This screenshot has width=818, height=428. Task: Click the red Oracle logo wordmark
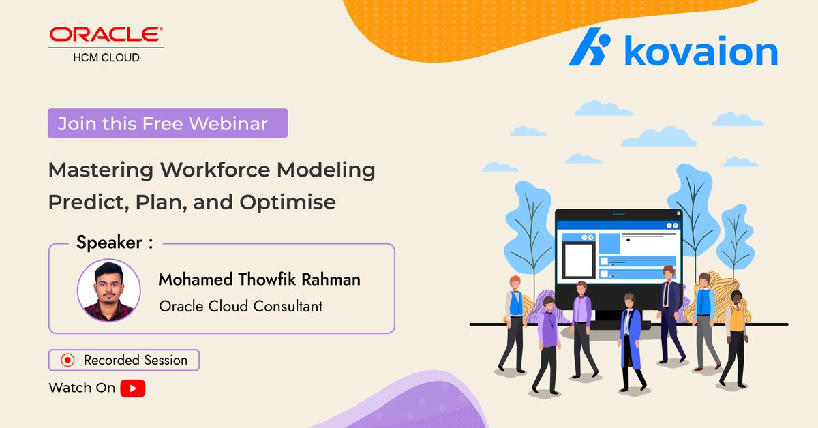pos(106,34)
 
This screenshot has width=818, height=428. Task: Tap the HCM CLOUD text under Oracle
pos(106,57)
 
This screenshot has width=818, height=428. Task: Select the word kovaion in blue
pos(701,50)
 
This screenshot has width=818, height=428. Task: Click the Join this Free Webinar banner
pos(168,123)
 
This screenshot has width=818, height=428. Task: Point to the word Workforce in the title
pos(215,170)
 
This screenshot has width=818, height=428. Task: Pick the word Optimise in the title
pos(288,202)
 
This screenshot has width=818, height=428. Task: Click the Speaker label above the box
pos(115,242)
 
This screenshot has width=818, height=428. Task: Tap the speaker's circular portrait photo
pos(109,290)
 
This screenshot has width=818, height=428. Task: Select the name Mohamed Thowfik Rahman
pos(259,279)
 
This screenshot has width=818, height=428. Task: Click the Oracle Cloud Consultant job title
pos(241,306)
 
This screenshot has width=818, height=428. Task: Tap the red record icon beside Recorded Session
pos(67,360)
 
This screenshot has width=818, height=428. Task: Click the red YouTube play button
pos(132,388)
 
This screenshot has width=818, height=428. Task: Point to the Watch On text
pos(82,388)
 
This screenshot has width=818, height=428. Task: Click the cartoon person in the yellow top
pos(734,339)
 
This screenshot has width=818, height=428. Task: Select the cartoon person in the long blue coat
pos(631,343)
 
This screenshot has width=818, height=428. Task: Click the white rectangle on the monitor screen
pos(578,260)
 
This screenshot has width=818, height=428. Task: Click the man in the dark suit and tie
pos(671,314)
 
